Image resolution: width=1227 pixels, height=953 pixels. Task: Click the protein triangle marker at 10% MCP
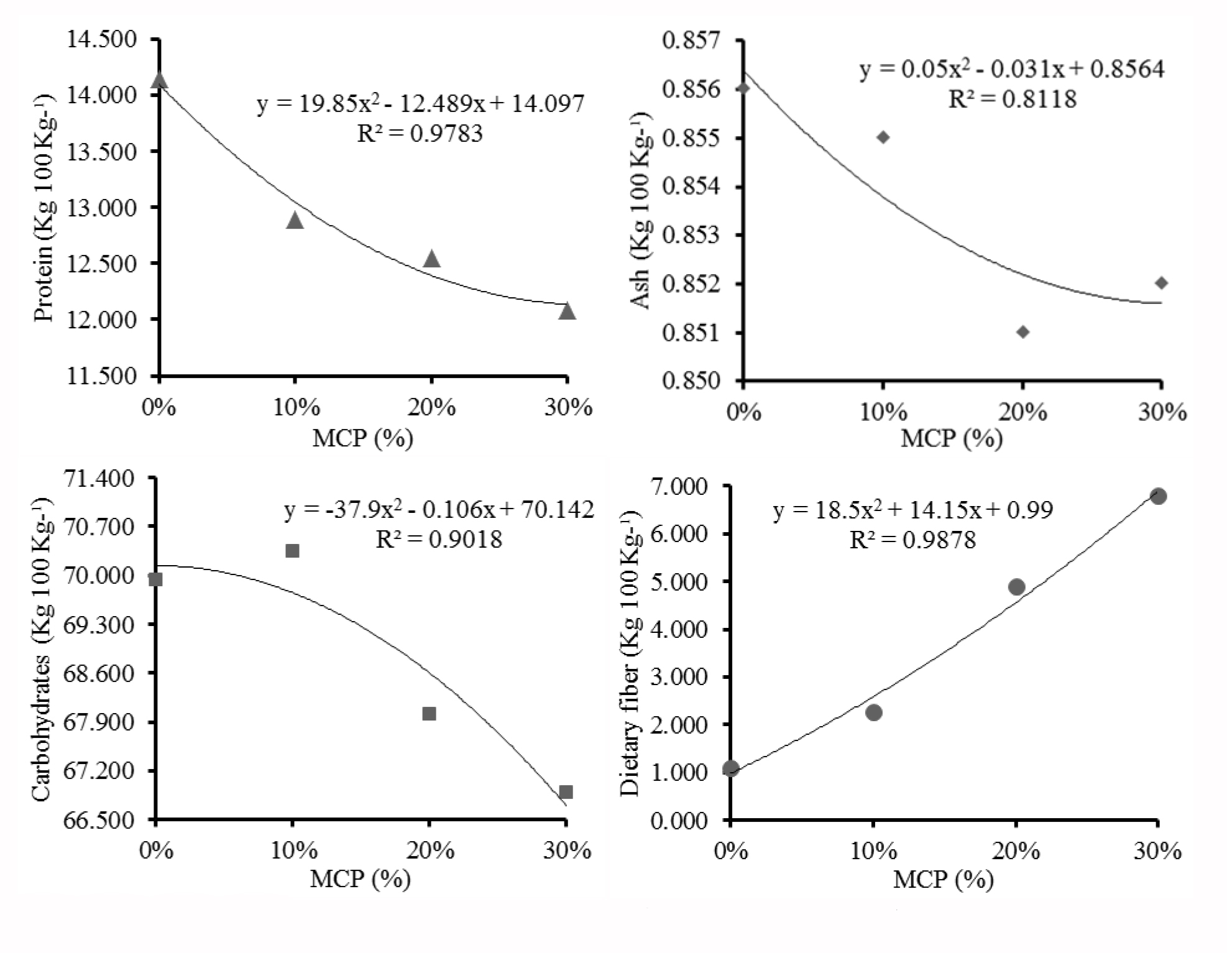295,221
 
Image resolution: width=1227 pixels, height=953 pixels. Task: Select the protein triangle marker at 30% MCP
566,311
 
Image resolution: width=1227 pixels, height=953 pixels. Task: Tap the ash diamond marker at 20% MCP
1022,332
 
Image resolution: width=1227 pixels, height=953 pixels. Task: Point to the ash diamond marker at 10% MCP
883,137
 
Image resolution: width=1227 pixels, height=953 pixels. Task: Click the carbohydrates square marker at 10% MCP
292,551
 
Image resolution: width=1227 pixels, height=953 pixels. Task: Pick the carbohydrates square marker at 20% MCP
429,714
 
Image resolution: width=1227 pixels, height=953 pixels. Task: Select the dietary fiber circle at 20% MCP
1016,587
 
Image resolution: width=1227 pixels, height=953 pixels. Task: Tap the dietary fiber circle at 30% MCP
1157,496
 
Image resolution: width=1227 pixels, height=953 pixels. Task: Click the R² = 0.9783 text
420,134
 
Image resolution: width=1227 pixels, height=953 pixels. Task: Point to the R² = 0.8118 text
1012,99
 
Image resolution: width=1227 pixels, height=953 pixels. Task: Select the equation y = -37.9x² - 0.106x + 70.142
439,510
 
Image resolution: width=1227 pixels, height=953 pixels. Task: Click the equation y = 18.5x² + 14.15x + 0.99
912,510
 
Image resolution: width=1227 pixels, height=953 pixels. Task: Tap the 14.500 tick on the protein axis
101,39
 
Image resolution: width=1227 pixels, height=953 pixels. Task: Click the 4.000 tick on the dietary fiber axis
679,630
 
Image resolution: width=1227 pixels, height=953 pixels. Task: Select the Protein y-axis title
44,208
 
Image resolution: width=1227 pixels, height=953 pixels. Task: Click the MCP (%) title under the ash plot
951,439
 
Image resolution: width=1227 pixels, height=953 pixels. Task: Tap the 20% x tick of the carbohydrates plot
431,850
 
